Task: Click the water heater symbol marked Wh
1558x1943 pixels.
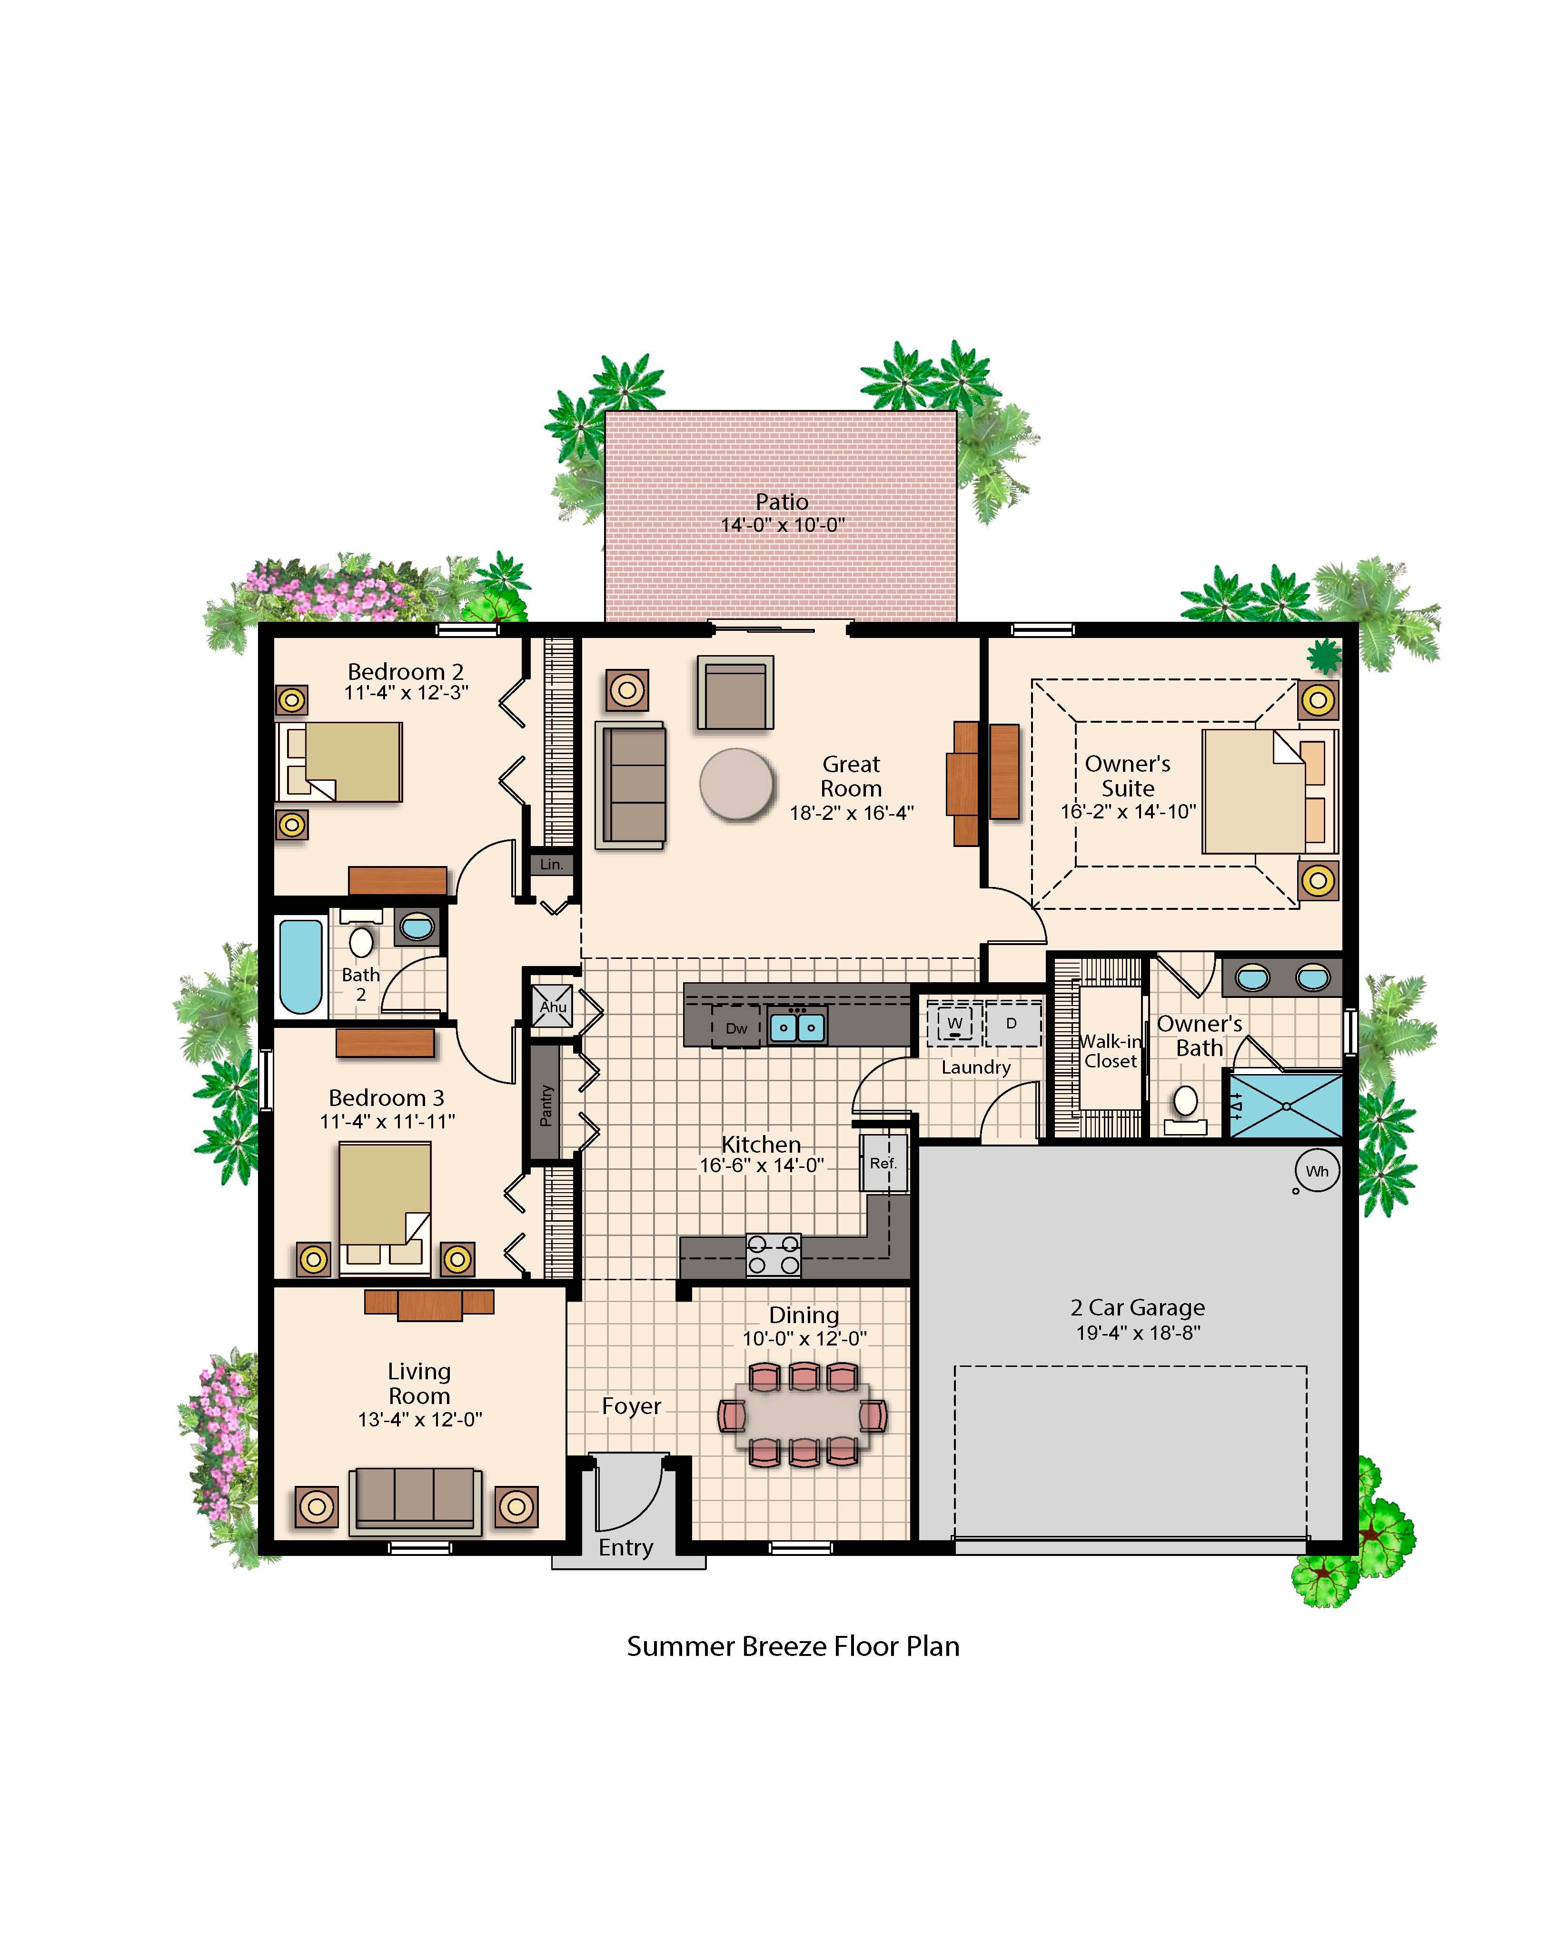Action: point(1317,1171)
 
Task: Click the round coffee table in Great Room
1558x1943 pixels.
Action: point(736,783)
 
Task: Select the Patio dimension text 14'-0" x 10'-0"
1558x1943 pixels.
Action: point(782,525)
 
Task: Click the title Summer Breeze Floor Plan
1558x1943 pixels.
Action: point(793,1646)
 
